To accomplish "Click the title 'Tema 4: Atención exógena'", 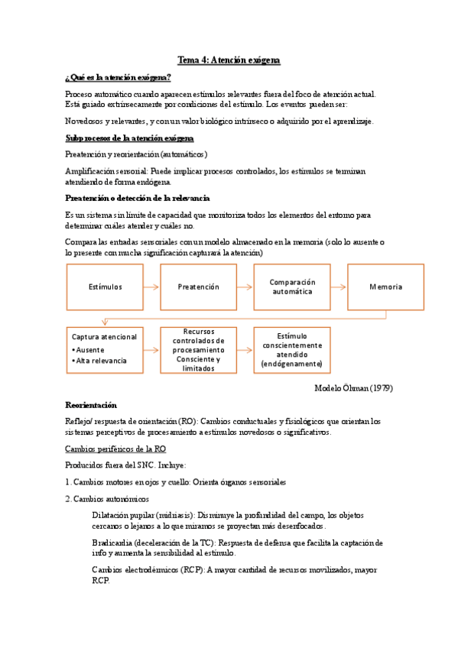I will pyautogui.click(x=229, y=60).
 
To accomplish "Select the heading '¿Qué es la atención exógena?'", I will pyautogui.click(x=119, y=78).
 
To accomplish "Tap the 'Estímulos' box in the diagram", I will pyautogui.click(x=105, y=287).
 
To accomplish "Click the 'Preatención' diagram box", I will pyautogui.click(x=198, y=287).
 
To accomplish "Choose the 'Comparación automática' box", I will pyautogui.click(x=292, y=287).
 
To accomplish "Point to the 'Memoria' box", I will pyautogui.click(x=385, y=287).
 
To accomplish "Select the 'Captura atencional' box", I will pyautogui.click(x=105, y=349).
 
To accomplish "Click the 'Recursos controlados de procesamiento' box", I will pyautogui.click(x=198, y=349).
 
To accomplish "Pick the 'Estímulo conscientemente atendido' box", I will pyautogui.click(x=292, y=349).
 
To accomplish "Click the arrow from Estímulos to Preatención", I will pyautogui.click(x=151, y=287).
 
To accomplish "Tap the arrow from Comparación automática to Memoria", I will pyautogui.click(x=339, y=287).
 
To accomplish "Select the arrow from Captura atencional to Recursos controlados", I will pyautogui.click(x=151, y=350).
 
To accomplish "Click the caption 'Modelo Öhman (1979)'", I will pyautogui.click(x=353, y=387).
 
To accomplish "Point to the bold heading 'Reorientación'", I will pyautogui.click(x=91, y=404).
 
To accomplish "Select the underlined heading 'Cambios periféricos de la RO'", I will pyautogui.click(x=115, y=449).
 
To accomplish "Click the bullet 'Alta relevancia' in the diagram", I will pyautogui.click(x=101, y=361).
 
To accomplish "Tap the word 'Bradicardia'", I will pyautogui.click(x=112, y=543).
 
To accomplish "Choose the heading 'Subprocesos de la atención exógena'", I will pyautogui.click(x=129, y=138).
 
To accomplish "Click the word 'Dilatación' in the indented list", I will pyautogui.click(x=112, y=515).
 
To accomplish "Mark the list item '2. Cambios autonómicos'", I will pyautogui.click(x=107, y=498).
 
